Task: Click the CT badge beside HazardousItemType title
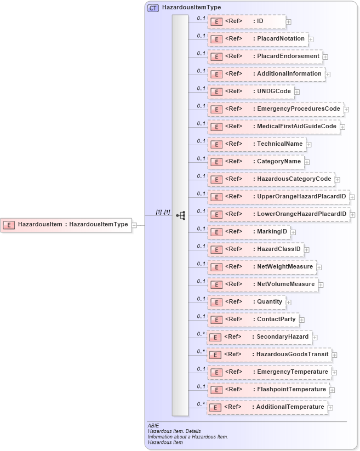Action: tap(153, 8)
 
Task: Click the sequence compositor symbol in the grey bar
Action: tap(180, 216)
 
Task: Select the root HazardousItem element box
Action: tap(66, 224)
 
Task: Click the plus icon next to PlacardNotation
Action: tap(311, 39)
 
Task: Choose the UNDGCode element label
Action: tap(275, 91)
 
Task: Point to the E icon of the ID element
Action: tap(216, 21)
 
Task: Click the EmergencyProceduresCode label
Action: tap(299, 109)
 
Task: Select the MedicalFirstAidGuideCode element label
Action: tap(296, 126)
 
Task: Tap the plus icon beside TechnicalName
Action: tap(309, 144)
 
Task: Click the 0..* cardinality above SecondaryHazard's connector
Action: tap(201, 334)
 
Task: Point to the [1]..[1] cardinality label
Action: tap(163, 212)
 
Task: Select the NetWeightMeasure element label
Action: tap(285, 266)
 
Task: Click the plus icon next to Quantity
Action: tap(289, 302)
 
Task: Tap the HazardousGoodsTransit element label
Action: tap(293, 354)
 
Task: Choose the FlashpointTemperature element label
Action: tap(292, 389)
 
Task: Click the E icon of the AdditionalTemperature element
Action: tap(216, 407)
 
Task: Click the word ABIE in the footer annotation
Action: tap(153, 425)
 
